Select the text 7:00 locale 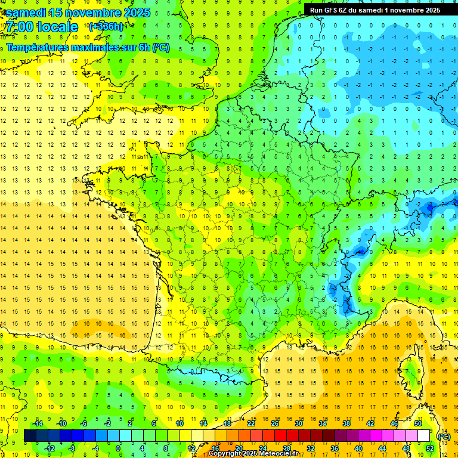pyautogui.click(x=41, y=27)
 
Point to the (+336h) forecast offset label pyautogui.click(x=106, y=26)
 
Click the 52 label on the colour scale pyautogui.click(x=429, y=448)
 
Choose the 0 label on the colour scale pyautogui.click(x=118, y=448)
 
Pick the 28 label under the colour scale pyautogui.click(x=286, y=448)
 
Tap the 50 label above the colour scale pyautogui.click(x=417, y=423)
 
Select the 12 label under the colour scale pyautogui.click(x=191, y=448)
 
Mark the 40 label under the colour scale pyautogui.click(x=358, y=448)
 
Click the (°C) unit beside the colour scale pyautogui.click(x=444, y=437)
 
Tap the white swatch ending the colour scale pyautogui.click(x=423, y=436)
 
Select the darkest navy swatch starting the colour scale pyautogui.click(x=30, y=436)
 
